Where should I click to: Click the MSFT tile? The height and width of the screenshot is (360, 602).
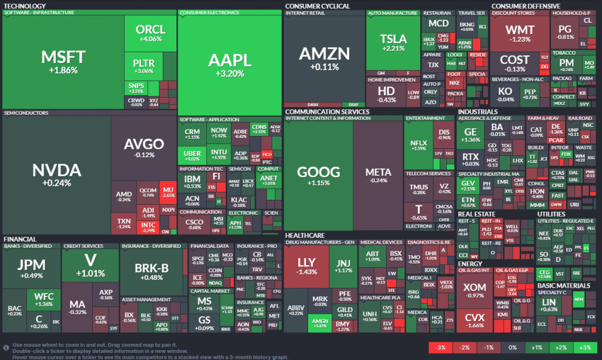63,62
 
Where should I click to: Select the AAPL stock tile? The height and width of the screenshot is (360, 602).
229,65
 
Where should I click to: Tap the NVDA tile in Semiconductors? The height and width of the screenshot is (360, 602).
56,175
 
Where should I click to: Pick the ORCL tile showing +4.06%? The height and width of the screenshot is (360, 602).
150,33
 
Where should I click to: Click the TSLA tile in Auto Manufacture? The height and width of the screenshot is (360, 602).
393,42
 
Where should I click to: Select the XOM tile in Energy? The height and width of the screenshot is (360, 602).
474,292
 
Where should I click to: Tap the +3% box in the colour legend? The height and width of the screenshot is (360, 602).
585,348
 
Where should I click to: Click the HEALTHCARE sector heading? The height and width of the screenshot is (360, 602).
306,235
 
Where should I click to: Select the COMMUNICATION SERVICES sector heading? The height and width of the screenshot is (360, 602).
327,111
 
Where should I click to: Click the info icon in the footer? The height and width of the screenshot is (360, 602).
6,347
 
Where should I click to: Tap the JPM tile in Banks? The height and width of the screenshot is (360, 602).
31,269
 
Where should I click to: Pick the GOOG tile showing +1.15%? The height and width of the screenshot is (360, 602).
319,176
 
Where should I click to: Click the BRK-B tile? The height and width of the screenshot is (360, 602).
152,271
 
